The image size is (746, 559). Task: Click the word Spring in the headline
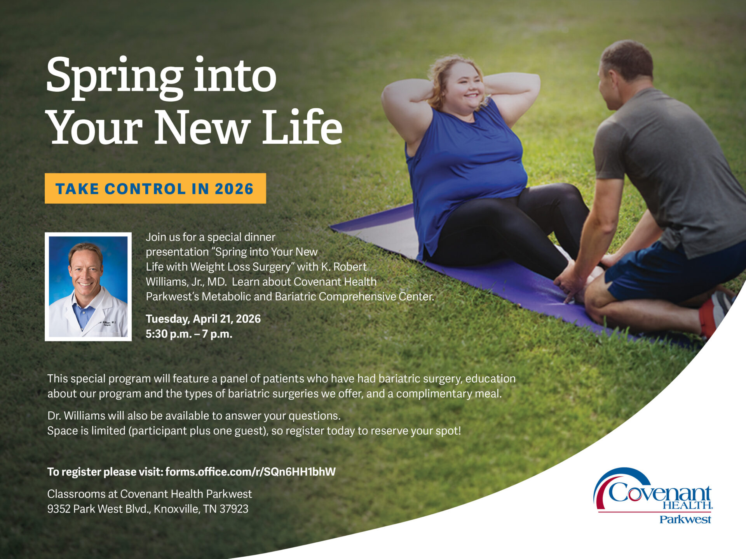(115, 76)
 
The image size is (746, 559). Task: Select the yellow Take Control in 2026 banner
(155, 189)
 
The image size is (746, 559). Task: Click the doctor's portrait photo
(88, 286)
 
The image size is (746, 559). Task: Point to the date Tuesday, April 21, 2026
(203, 319)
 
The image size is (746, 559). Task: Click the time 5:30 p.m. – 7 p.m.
(189, 334)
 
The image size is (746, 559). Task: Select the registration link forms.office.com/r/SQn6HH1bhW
(250, 472)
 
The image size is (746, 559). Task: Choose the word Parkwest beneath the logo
(685, 519)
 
